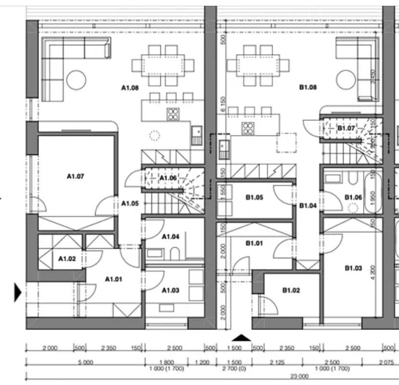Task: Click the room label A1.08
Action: [130, 88]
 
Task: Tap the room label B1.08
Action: [307, 88]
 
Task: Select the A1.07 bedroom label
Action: [75, 176]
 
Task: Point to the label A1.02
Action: [67, 259]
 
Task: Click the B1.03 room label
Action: [353, 268]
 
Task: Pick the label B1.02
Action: [291, 290]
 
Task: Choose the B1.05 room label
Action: [254, 197]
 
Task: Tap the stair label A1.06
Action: [168, 178]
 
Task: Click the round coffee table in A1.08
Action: [76, 80]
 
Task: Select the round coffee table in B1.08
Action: [346, 80]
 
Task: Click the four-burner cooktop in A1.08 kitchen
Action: [173, 114]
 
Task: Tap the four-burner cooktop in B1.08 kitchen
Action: [248, 128]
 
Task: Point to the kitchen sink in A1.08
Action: [197, 135]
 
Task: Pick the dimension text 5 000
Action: [85, 362]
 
